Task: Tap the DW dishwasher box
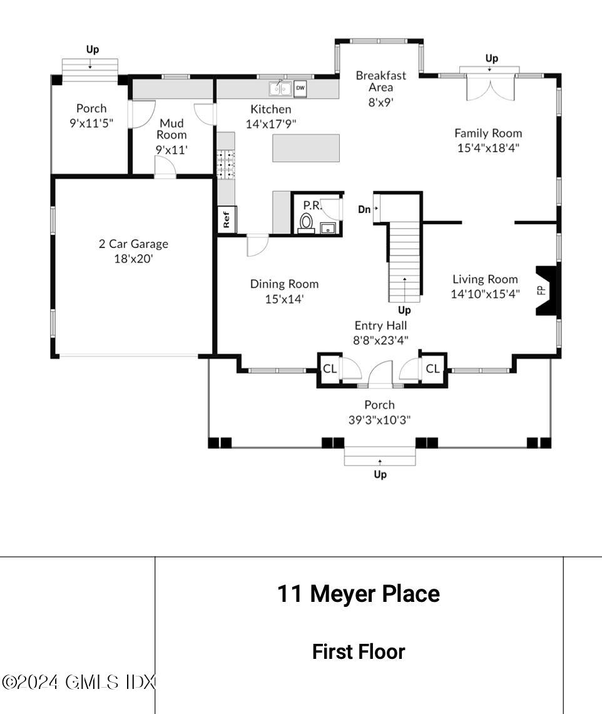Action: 300,88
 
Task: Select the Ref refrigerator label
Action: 226,219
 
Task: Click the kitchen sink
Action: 280,88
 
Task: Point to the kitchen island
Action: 306,148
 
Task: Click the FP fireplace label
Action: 541,290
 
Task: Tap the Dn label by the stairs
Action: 364,209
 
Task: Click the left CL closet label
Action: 329,368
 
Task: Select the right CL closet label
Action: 433,368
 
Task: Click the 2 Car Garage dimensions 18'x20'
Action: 133,259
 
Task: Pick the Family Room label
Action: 488,133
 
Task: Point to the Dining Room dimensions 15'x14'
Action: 284,299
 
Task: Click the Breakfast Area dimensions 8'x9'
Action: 381,102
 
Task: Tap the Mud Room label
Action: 171,129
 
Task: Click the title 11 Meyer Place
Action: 359,594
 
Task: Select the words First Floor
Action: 359,651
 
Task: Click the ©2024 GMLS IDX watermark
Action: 78,681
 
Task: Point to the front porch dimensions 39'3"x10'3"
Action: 379,420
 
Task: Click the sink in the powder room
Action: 328,228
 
